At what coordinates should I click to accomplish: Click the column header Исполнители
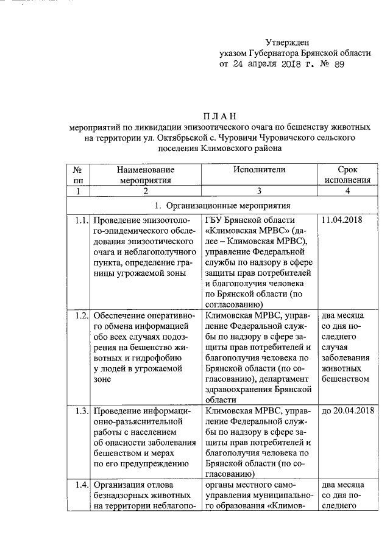(x=258, y=170)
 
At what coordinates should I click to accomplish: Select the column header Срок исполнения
(x=347, y=175)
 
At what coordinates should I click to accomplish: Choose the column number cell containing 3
(x=258, y=191)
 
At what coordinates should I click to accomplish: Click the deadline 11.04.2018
(x=342, y=220)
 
